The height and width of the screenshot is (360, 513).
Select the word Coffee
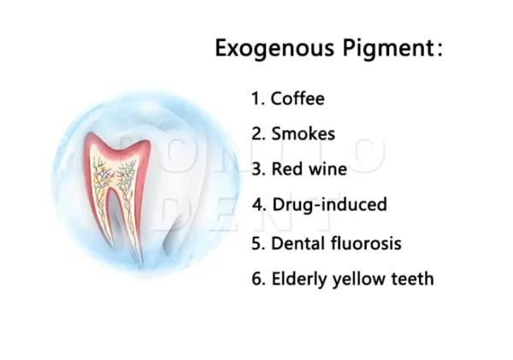click(298, 98)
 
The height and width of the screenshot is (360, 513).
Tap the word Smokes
click(303, 133)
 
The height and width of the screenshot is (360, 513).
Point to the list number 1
click(255, 98)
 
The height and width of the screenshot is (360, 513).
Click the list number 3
click(256, 168)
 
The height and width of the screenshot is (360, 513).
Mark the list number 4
click(256, 204)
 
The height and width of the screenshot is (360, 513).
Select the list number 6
click(256, 278)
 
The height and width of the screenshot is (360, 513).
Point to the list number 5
click(256, 243)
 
